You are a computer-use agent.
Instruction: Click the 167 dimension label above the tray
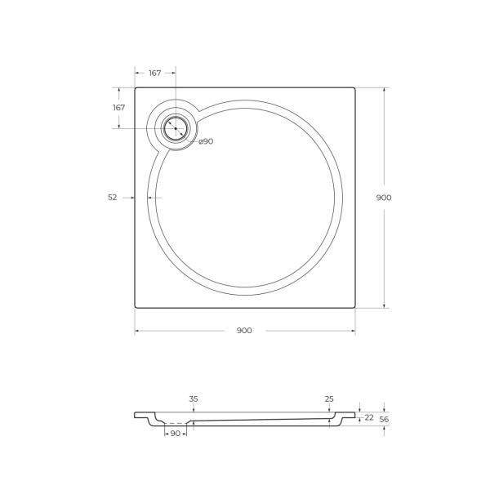154,73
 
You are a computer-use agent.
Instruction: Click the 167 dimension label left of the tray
118,108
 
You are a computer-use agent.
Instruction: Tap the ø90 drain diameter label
206,141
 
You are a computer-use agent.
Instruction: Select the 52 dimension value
113,197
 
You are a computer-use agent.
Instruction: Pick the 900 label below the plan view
244,331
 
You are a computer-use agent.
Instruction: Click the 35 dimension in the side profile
194,399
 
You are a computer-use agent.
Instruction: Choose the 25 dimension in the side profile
329,399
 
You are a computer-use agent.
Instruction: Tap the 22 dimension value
369,417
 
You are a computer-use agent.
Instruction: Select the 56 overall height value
384,419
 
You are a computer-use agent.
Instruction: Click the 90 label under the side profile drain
176,434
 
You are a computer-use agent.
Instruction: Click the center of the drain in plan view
175,127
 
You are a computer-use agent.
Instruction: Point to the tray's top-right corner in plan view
354,88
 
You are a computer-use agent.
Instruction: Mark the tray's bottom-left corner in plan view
136,307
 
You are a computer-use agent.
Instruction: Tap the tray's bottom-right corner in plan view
354,307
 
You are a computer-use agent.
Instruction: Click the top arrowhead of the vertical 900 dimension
384,90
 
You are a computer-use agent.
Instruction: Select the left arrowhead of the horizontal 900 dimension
137,331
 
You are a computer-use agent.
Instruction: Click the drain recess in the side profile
176,423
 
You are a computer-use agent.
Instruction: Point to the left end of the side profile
136,415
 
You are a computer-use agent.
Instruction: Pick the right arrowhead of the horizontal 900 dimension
353,331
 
